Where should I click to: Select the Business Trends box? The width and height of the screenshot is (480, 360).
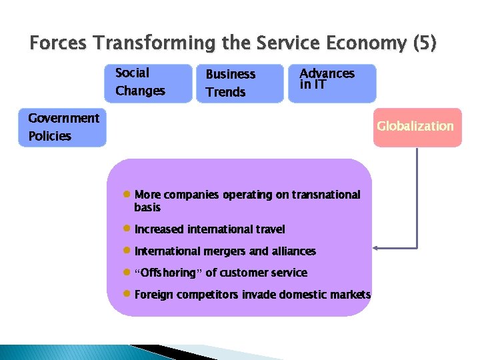(x=239, y=83)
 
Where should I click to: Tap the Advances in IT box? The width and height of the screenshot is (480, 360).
(x=331, y=83)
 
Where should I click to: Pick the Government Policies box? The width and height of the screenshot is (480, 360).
(x=62, y=127)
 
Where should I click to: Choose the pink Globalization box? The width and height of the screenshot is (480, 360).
(x=417, y=127)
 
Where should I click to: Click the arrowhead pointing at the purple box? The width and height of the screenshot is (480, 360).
(x=375, y=248)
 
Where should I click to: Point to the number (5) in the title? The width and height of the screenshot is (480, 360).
(x=425, y=44)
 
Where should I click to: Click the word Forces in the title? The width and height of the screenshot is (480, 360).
(x=59, y=44)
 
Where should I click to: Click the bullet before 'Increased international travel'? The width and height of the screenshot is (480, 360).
(x=126, y=229)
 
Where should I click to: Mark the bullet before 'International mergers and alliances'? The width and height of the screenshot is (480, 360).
(x=126, y=251)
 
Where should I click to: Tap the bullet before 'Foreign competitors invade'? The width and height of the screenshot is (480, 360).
(x=126, y=294)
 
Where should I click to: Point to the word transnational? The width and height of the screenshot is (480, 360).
(x=326, y=195)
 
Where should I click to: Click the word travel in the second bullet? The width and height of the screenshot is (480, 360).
(x=270, y=229)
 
